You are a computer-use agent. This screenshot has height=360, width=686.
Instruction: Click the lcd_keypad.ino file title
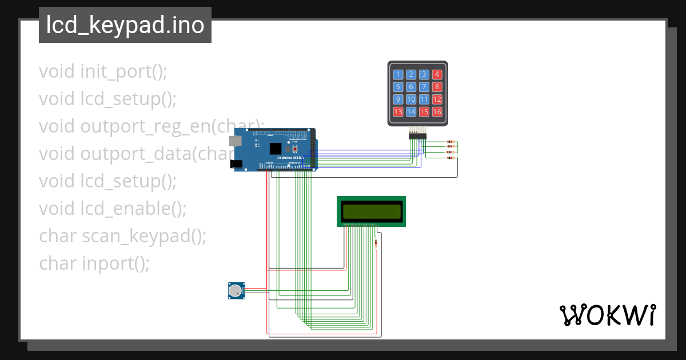125,25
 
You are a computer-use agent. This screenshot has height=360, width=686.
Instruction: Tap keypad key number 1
398,74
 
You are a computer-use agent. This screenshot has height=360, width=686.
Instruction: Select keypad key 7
424,87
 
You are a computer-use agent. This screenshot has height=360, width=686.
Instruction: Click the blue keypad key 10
411,99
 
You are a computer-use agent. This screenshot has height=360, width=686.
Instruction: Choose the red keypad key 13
398,112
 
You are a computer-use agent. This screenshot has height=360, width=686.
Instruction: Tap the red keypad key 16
437,112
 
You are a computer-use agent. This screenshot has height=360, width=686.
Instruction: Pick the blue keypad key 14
411,112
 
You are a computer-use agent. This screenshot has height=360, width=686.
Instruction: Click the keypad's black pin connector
417,135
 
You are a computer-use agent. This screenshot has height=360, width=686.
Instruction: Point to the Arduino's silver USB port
235,140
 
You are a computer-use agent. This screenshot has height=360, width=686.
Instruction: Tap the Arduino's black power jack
235,164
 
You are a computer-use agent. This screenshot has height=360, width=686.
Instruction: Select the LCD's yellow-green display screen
371,211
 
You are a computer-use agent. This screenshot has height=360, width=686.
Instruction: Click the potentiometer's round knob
234,291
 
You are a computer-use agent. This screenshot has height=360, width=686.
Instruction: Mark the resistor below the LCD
376,243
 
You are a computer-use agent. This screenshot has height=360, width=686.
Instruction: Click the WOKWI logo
607,315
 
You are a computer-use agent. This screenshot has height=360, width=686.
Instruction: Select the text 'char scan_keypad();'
123,236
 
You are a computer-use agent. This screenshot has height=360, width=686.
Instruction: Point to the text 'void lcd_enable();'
113,209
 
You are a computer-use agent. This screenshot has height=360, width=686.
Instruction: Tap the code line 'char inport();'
94,263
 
